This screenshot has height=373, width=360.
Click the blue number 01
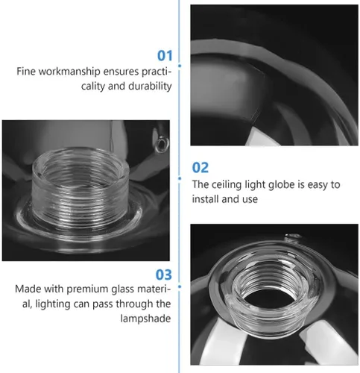pyautogui.click(x=165, y=55)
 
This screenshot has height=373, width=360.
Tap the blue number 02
pyautogui.click(x=200, y=167)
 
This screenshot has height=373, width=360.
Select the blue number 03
pyautogui.click(x=164, y=275)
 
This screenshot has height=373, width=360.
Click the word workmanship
pyautogui.click(x=69, y=72)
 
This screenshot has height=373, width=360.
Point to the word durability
pyautogui.click(x=150, y=86)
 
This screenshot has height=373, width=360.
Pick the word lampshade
pyautogui.click(x=145, y=319)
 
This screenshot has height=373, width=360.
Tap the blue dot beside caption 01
pyautogui.click(x=180, y=66)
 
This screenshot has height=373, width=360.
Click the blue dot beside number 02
pyautogui.click(x=180, y=178)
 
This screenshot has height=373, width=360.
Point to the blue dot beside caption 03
pyautogui.click(x=180, y=286)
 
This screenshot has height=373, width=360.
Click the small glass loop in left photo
pyautogui.click(x=162, y=144)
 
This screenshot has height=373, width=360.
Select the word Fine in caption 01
pyautogui.click(x=26, y=72)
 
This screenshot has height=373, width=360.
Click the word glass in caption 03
pyautogui.click(x=122, y=289)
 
